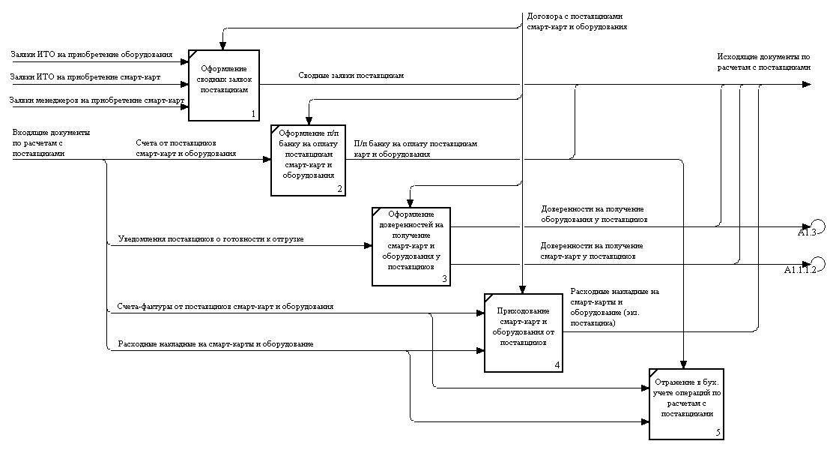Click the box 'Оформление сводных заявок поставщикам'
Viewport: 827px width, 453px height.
point(223,84)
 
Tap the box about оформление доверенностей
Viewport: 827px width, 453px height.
point(411,245)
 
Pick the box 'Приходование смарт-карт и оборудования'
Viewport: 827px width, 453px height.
point(524,331)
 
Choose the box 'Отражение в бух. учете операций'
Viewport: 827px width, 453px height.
point(688,403)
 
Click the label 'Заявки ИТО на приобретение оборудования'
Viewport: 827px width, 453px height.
point(91,55)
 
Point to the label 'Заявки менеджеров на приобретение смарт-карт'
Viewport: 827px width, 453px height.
point(97,100)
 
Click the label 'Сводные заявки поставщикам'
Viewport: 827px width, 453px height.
point(351,76)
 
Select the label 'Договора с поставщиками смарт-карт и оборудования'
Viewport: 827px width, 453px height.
point(577,21)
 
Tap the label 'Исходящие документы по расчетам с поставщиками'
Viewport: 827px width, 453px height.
point(763,61)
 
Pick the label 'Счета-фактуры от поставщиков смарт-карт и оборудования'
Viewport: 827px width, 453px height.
point(225,307)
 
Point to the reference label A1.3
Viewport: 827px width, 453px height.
point(806,232)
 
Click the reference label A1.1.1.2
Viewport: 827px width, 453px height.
point(800,269)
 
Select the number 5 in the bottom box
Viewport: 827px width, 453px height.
point(718,432)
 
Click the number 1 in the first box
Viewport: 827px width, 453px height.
point(253,114)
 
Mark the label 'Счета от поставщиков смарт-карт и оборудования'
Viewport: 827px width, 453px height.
point(186,148)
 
